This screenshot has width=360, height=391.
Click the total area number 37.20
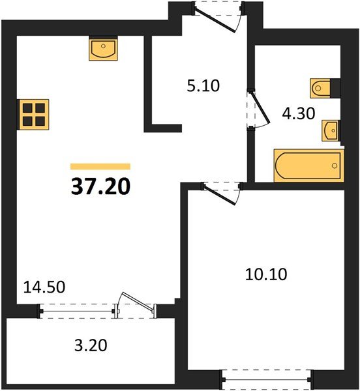point(100,187)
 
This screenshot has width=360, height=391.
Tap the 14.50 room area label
point(44,286)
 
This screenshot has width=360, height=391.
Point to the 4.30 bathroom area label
point(298,113)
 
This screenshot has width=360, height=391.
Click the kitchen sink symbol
point(103,50)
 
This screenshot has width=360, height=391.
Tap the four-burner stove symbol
point(34,113)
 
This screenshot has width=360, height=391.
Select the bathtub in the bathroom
point(308,166)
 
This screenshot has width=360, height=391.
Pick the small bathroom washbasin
point(331,130)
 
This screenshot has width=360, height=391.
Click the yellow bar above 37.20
point(100,166)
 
